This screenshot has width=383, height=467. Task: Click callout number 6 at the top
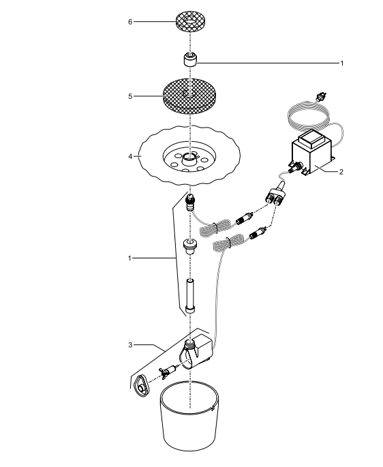[130, 22]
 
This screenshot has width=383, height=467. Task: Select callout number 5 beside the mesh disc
[130, 97]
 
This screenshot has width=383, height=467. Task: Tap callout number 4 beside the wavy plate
[130, 156]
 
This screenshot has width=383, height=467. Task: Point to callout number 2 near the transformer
[341, 172]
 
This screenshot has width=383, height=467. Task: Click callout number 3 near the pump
[130, 345]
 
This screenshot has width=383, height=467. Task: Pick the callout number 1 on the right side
[342, 63]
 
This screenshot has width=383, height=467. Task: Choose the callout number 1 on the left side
[129, 258]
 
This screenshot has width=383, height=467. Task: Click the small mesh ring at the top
[190, 21]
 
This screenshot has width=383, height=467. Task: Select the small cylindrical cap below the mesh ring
[190, 60]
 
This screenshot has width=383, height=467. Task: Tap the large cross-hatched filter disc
[189, 97]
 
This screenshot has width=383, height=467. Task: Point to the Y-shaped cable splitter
[277, 194]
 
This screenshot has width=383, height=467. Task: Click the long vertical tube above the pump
[190, 296]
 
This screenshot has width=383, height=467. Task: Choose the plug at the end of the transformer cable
[321, 97]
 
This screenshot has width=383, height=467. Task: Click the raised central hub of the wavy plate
[189, 160]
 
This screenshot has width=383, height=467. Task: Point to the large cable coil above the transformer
[309, 116]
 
